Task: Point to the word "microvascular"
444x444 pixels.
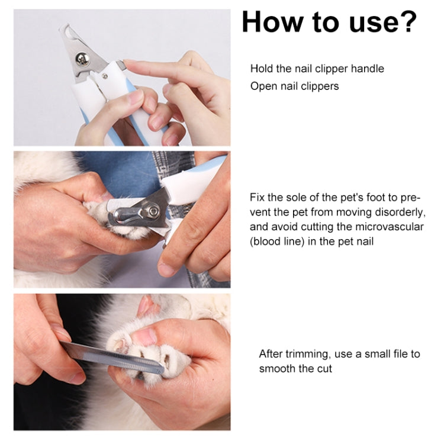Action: pos(390,227)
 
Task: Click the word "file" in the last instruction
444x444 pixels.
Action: pos(400,354)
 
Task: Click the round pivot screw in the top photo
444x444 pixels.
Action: pos(81,59)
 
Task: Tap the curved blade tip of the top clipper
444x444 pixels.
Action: pos(66,29)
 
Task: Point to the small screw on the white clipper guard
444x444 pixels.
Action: pos(104,76)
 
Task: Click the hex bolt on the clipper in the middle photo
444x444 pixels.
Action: pos(153,210)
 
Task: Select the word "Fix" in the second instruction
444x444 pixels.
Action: pos(257,197)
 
